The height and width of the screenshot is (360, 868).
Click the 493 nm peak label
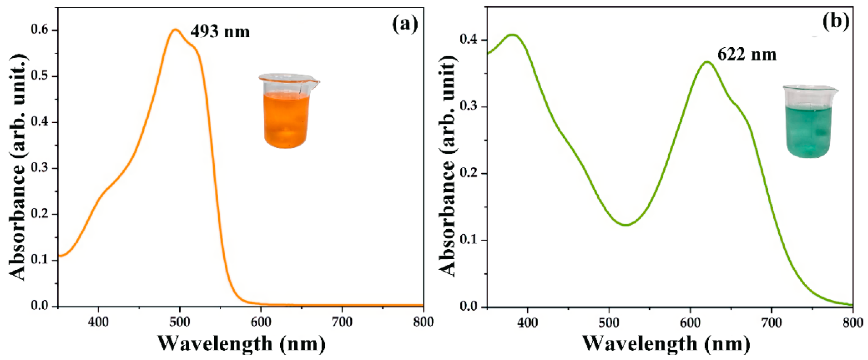click(x=220, y=32)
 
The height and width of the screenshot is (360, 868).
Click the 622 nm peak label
click(x=747, y=54)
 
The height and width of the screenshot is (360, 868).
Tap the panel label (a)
click(x=405, y=25)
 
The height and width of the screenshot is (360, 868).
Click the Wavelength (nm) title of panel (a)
click(x=241, y=343)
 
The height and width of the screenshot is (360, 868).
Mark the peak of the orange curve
click(x=175, y=30)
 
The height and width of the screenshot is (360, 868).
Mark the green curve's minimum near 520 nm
click(x=626, y=225)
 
